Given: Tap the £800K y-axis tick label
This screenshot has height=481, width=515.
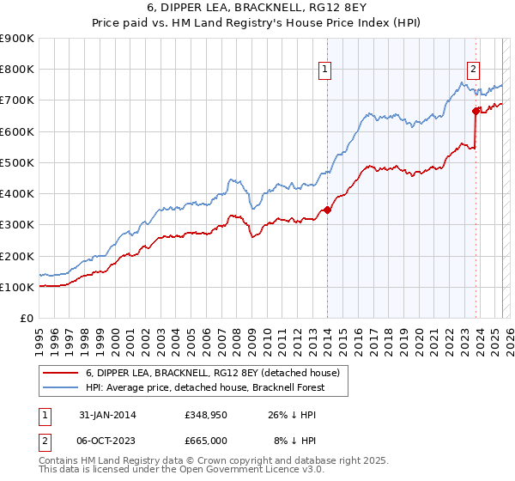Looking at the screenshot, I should tap(16, 70).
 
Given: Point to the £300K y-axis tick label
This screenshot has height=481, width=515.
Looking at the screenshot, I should tap(16, 225).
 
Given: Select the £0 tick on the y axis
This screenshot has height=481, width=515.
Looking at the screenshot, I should tap(27, 319).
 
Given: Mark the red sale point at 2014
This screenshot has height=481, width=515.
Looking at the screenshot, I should tap(327, 210).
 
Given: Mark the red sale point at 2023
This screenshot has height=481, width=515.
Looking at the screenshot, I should tap(476, 111).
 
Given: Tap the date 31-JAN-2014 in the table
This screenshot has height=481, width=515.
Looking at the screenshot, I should tap(107, 416).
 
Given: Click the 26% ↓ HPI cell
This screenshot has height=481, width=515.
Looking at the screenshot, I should tap(293, 416).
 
